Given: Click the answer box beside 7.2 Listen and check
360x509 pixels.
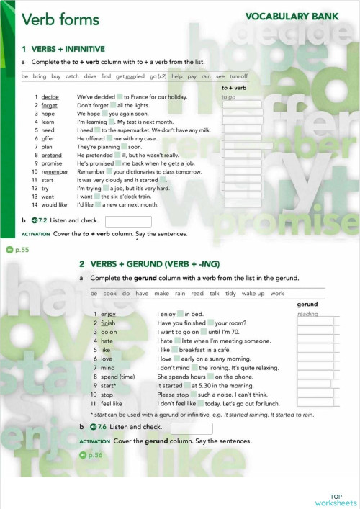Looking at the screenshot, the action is coord(128,221).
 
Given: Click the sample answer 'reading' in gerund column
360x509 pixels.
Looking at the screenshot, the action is coord(307,314).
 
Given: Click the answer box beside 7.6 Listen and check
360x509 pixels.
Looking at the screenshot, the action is coord(191,428).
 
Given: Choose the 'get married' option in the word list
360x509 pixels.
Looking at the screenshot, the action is coord(130,76).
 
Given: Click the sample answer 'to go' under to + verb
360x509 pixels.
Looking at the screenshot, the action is coord(229,97).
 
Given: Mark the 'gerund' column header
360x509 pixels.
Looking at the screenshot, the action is coord(307,304).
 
